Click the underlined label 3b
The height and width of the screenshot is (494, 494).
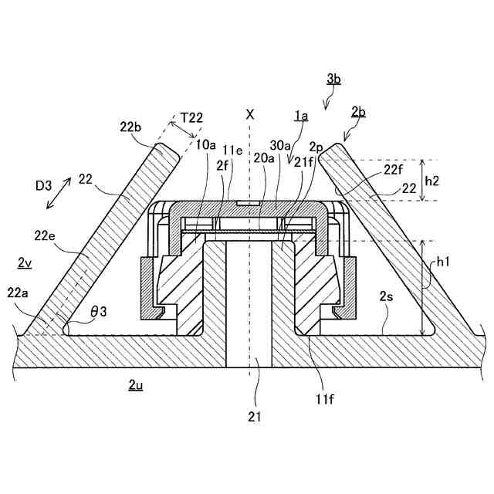click(333, 79)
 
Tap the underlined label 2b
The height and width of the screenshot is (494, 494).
click(357, 112)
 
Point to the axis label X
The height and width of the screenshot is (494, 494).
click(249, 114)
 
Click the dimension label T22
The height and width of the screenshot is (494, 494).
click(191, 117)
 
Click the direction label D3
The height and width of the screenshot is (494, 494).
click(45, 185)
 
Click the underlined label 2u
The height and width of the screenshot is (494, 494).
click(135, 384)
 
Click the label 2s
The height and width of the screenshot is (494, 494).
click(386, 296)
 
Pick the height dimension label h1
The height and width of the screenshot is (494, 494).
click(442, 262)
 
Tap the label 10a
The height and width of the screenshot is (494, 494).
click(206, 144)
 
